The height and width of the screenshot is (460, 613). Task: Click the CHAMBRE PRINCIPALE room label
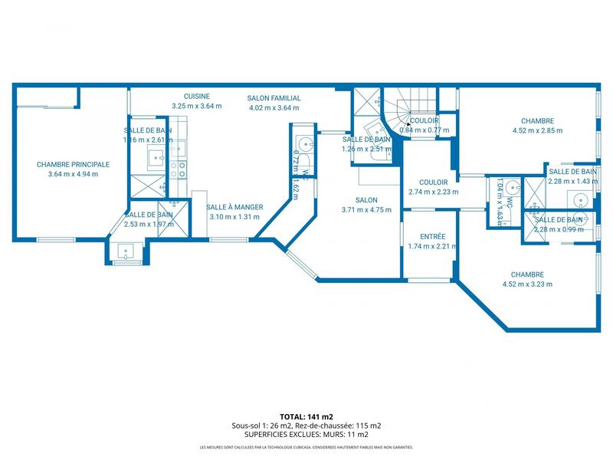pyautogui.click(x=73, y=164)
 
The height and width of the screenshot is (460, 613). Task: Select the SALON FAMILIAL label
pyautogui.click(x=274, y=98)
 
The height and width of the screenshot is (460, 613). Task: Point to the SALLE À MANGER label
pyautogui.click(x=236, y=207)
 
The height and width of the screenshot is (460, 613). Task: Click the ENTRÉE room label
pyautogui.click(x=433, y=237)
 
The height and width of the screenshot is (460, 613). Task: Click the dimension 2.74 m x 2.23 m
pyautogui.click(x=433, y=192)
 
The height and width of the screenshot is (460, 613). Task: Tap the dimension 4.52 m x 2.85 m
pyautogui.click(x=537, y=130)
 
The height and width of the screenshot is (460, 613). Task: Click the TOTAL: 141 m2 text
pyautogui.click(x=306, y=416)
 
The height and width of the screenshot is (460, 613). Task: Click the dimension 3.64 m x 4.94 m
pyautogui.click(x=73, y=174)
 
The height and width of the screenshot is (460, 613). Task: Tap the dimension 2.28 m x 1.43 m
pyautogui.click(x=572, y=181)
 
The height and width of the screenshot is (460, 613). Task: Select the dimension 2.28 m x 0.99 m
pyautogui.click(x=558, y=228)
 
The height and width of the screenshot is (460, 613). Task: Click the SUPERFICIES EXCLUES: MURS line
pyautogui.click(x=306, y=434)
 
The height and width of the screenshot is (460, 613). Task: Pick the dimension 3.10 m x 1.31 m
pyautogui.click(x=236, y=217)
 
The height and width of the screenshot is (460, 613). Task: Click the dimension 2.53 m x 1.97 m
pyautogui.click(x=149, y=225)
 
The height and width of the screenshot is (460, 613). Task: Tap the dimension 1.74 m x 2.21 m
pyautogui.click(x=433, y=246)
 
